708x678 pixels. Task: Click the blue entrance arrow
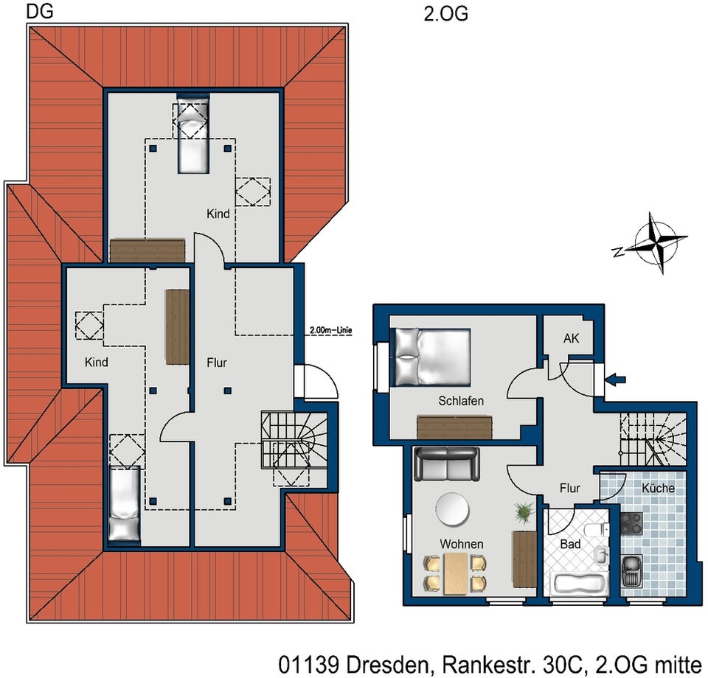tap(616, 380)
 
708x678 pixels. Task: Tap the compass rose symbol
tap(657, 242)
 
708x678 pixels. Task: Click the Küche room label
tap(658, 488)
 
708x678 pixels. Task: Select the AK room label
tap(571, 338)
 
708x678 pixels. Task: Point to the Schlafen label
tap(460, 401)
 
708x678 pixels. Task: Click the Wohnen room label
tap(462, 544)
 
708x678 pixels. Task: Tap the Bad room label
tap(570, 544)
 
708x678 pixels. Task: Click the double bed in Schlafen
tap(433, 357)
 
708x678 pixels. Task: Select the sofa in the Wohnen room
tap(447, 464)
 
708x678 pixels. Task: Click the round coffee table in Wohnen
tap(452, 509)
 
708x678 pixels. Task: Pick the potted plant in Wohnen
tap(524, 512)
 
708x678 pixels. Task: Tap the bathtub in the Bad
tap(580, 584)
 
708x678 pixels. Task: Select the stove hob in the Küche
tap(631, 524)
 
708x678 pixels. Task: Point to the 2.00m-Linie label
tap(330, 330)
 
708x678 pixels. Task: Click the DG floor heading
tap(40, 11)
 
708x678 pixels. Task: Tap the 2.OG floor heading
tap(445, 14)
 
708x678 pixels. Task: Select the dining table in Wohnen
tap(455, 573)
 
